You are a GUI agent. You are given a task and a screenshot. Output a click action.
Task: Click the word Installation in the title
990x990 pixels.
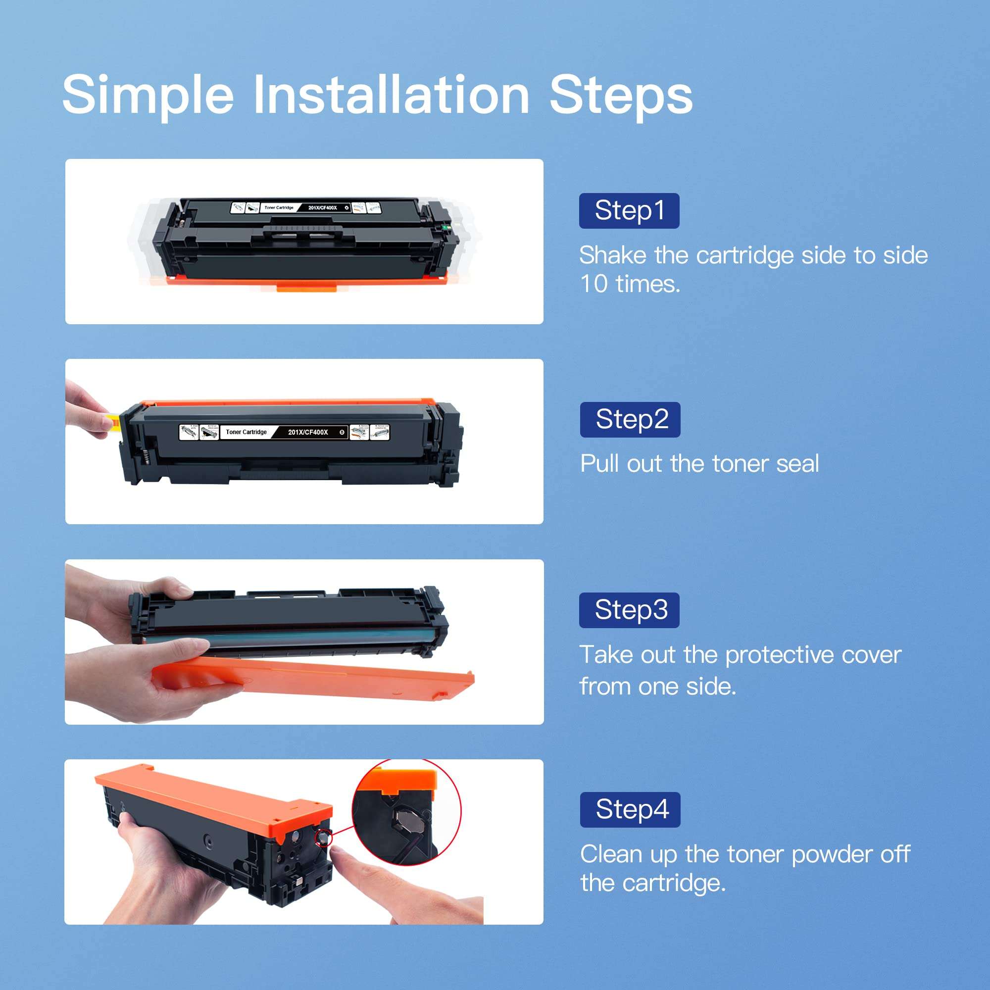click(x=392, y=95)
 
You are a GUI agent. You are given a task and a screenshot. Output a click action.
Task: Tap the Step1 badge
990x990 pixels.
click(x=629, y=210)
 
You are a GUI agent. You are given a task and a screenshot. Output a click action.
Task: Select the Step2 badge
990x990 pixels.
click(x=630, y=420)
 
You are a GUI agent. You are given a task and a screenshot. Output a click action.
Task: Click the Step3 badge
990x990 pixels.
click(x=629, y=610)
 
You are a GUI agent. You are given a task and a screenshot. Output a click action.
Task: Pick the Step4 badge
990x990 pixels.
click(x=630, y=810)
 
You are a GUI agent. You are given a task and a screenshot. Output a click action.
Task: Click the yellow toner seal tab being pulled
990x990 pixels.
click(x=115, y=423)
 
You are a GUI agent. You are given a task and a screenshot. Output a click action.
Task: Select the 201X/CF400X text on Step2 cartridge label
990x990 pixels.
click(x=307, y=432)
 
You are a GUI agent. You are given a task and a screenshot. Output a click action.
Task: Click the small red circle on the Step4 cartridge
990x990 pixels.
click(x=323, y=838)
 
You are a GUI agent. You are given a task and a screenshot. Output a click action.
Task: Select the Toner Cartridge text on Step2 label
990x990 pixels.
click(x=246, y=432)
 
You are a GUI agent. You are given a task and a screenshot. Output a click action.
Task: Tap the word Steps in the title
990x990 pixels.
click(x=621, y=95)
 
